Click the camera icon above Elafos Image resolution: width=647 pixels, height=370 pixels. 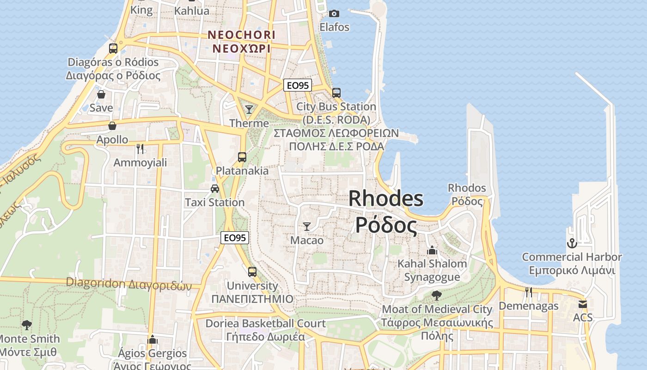334,14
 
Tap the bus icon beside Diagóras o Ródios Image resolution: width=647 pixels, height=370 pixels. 113,48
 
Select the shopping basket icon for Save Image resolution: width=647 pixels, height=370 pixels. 101,95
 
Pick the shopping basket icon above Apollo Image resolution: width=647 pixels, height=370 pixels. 112,126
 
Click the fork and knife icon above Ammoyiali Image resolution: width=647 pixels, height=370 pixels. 140,149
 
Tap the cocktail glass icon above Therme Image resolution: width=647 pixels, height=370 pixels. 249,110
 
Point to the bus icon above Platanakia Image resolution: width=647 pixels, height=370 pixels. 242,157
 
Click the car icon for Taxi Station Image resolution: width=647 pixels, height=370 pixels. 215,189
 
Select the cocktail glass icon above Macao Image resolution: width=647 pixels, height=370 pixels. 306,227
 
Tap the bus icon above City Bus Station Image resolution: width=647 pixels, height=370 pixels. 336,93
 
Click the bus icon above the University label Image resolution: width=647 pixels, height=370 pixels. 252,272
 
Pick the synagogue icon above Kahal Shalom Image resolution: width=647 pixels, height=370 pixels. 432,250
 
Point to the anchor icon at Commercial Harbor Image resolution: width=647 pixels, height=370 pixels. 572,243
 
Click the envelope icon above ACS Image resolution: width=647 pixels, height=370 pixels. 582,304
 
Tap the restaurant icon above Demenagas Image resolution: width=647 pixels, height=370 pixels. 529,292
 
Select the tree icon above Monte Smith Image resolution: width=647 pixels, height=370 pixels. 27,325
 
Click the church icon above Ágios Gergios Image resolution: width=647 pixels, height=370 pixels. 153,340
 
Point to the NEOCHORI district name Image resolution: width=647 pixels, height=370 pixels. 241,35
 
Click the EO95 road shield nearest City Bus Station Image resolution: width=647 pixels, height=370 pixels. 298,85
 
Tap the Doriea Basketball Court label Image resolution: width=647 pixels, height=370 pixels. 266,323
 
